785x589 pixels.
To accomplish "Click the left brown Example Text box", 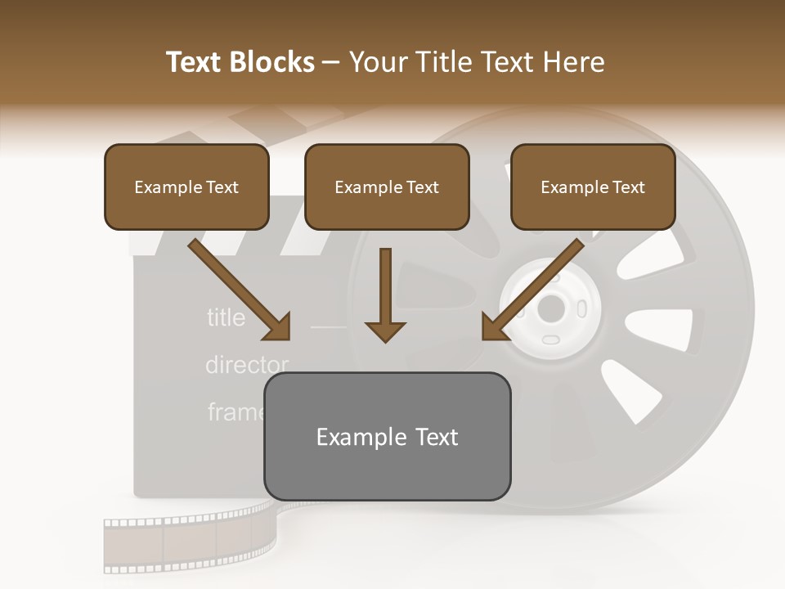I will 186,187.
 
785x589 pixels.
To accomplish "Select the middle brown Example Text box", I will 387,187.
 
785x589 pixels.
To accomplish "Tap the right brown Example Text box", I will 593,187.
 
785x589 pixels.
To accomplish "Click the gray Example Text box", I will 387,436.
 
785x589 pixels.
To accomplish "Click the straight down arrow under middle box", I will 385,294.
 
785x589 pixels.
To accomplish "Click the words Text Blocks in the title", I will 240,62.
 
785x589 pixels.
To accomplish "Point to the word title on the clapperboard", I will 226,317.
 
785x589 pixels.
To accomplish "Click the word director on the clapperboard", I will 246,365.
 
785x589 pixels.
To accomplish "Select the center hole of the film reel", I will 551,309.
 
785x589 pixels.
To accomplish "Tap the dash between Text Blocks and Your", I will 331,62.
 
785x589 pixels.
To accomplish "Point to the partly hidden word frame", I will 235,411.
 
